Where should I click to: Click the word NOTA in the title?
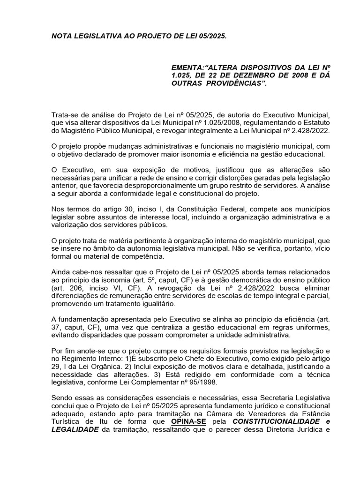(x=63, y=36)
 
